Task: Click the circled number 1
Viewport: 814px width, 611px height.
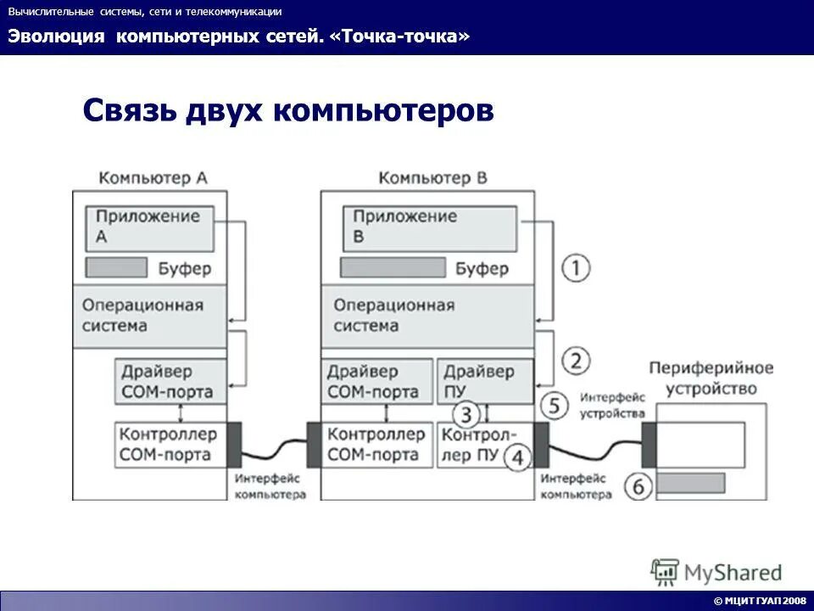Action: coord(576,268)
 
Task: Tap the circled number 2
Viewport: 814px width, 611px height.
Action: coord(576,362)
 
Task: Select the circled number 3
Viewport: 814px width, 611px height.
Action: coord(467,415)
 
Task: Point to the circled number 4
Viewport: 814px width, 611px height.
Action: coord(517,458)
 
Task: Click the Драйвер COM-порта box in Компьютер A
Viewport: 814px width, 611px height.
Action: coord(170,382)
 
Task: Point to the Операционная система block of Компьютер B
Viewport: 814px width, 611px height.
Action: coord(427,316)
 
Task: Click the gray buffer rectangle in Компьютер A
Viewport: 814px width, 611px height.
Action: coord(116,268)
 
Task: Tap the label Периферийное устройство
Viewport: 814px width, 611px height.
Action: coord(711,378)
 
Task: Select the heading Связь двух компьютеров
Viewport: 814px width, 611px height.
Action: coord(288,111)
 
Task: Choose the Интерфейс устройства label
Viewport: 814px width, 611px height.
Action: coord(612,406)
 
